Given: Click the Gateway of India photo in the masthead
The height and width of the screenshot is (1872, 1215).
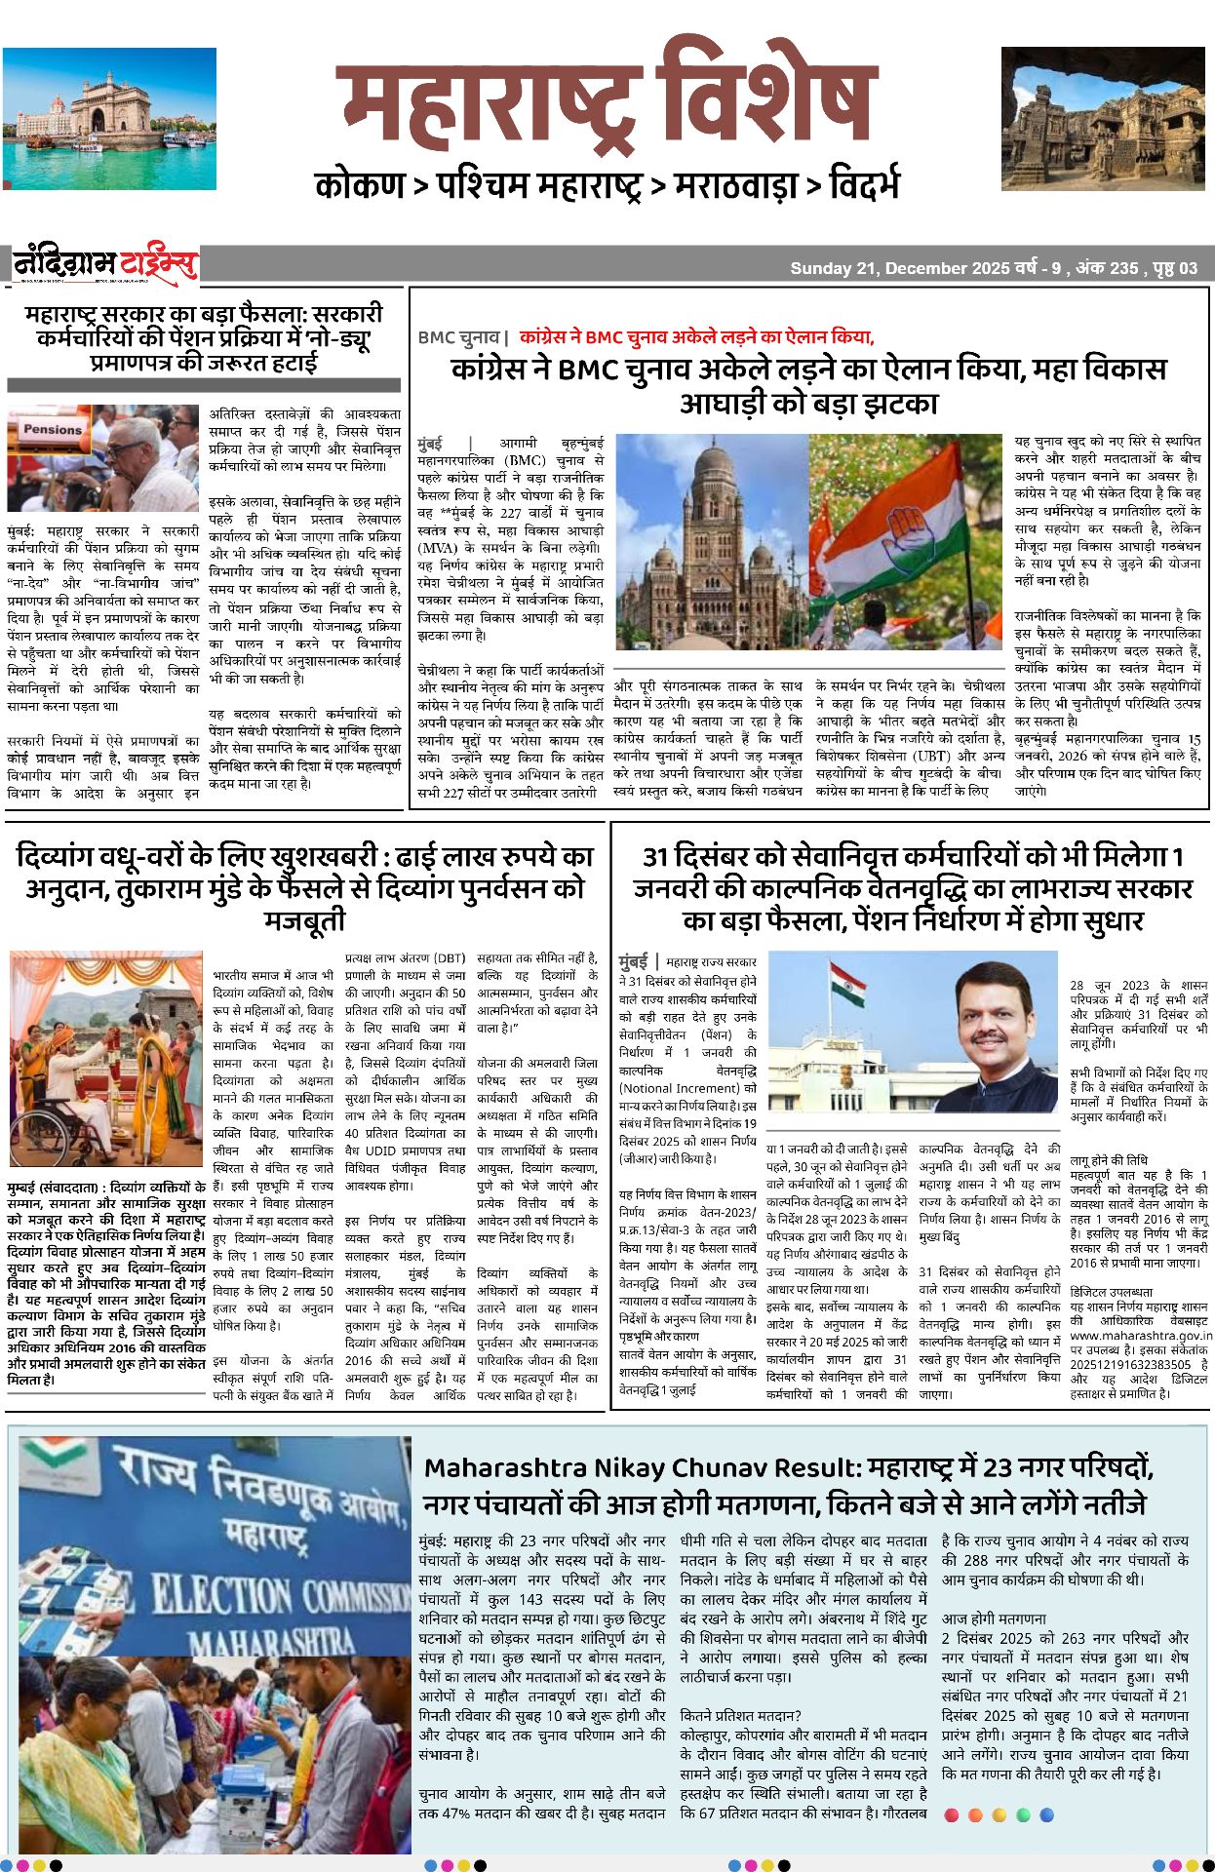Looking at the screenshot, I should click(109, 118).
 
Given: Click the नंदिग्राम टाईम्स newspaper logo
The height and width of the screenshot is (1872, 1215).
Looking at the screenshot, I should click(105, 265).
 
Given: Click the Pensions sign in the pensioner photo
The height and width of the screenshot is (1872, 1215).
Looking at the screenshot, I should click(53, 429).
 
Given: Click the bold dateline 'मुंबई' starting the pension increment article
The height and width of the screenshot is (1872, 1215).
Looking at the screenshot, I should click(633, 961).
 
